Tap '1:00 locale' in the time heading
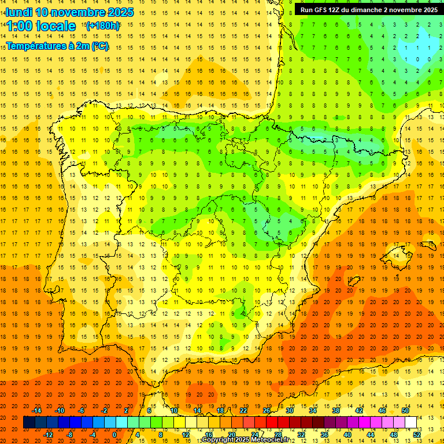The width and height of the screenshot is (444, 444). pyautogui.click(x=41, y=26)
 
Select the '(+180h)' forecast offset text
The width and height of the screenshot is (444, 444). pyautogui.click(x=103, y=26)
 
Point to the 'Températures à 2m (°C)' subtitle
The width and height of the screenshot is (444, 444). pyautogui.click(x=57, y=46)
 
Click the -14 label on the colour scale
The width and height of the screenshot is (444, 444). pyautogui.click(x=37, y=410)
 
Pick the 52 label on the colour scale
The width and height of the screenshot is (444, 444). pyautogui.click(x=416, y=435)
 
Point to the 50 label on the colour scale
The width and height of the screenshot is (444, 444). pyautogui.click(x=405, y=410)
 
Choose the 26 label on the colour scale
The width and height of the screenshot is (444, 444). pyautogui.click(x=267, y=410)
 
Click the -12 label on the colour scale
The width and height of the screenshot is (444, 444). pyautogui.click(x=49, y=435)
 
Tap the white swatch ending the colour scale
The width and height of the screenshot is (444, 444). pyautogui.click(x=410, y=423)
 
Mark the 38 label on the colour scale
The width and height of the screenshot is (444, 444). pyautogui.click(x=336, y=410)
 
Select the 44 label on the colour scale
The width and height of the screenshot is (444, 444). pyautogui.click(x=370, y=435)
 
